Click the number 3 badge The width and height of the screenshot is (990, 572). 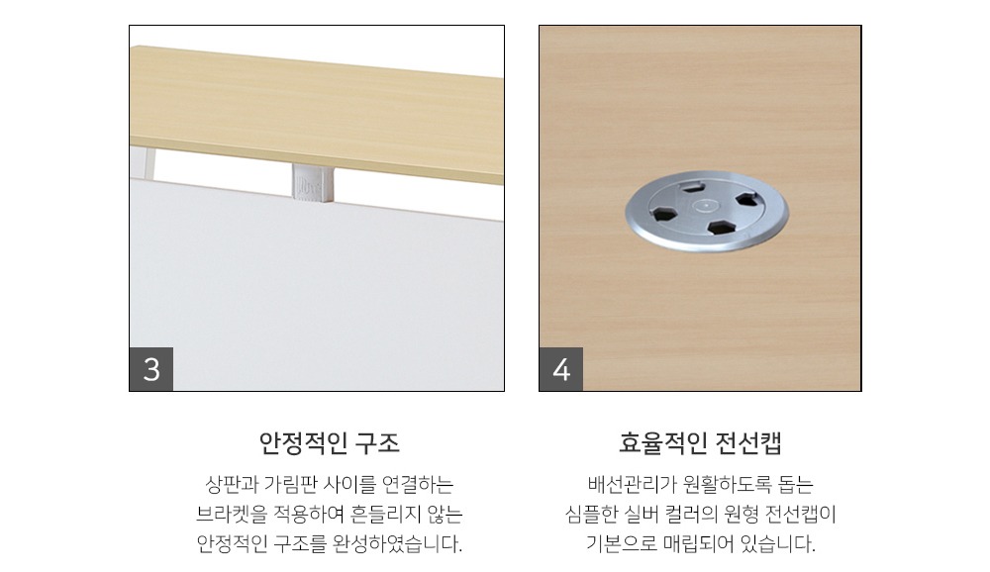point(151,369)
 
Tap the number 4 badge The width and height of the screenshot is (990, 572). point(561,369)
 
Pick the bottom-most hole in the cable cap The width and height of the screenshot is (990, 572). point(716,228)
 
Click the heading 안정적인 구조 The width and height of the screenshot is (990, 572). point(330,441)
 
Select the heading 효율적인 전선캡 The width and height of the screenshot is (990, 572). point(700,441)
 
